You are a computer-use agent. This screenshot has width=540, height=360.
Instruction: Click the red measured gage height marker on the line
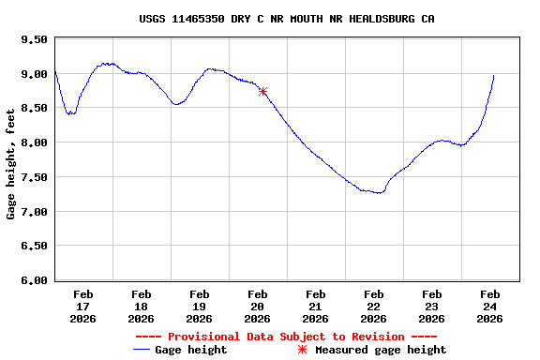pyautogui.click(x=263, y=91)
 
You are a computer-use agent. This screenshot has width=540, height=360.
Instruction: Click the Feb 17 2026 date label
pyautogui.click(x=83, y=306)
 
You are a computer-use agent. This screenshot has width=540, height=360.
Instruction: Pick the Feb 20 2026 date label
pyautogui.click(x=258, y=306)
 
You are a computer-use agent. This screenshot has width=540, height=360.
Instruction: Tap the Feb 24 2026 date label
pyautogui.click(x=490, y=306)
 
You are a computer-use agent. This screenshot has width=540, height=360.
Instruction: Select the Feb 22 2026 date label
pyautogui.click(x=374, y=306)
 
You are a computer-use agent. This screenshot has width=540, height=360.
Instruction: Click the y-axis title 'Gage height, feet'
pyautogui.click(x=11, y=161)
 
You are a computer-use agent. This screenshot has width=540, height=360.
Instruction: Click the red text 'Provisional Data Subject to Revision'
pyautogui.click(x=287, y=337)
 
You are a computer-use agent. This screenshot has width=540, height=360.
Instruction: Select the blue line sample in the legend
pyautogui.click(x=142, y=350)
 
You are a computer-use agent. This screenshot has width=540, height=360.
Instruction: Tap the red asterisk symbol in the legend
pyautogui.click(x=302, y=350)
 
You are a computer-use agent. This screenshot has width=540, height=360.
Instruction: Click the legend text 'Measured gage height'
pyautogui.click(x=381, y=350)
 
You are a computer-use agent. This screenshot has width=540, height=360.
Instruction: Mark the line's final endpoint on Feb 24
pyautogui.click(x=494, y=76)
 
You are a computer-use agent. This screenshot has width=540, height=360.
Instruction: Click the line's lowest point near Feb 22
pyautogui.click(x=379, y=192)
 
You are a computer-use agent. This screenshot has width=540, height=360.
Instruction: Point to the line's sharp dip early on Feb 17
pyautogui.click(x=70, y=113)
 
